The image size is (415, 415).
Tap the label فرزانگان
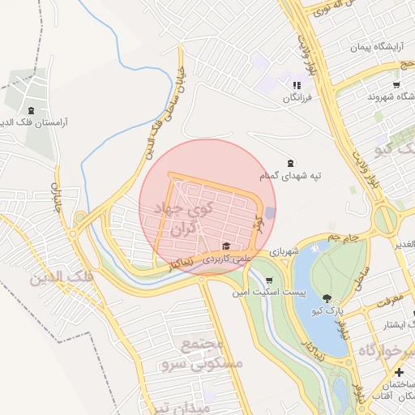tap(297, 98)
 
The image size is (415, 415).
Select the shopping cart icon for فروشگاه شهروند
tap(396, 84)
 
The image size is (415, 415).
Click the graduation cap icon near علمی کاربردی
tap(225, 246)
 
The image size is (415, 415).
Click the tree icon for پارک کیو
tap(327, 298)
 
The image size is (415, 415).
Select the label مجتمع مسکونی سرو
tap(209, 355)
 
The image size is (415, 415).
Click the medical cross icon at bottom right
tap(398, 372)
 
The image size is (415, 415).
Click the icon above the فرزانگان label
tap(297, 84)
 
